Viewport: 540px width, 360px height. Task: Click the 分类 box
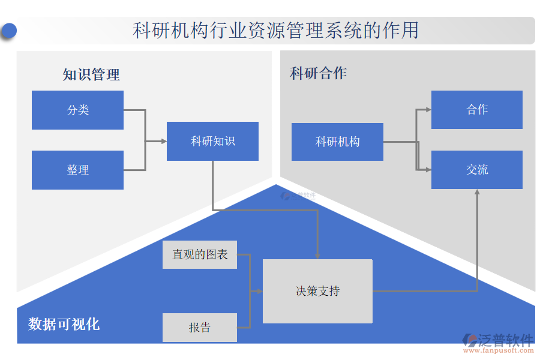click(x=77, y=110)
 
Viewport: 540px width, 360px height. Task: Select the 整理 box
click(x=77, y=170)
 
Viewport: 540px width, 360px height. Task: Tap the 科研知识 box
click(x=212, y=141)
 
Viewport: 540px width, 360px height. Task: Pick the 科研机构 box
click(x=337, y=142)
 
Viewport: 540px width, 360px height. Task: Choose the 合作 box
click(x=477, y=109)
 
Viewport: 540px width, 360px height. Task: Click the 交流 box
click(x=477, y=170)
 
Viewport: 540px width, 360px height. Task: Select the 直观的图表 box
click(x=200, y=254)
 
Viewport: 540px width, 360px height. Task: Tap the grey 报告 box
click(x=200, y=328)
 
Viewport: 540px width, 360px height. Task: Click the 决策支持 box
click(x=317, y=291)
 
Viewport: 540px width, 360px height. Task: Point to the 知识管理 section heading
click(x=91, y=75)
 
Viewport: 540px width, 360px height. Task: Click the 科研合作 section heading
click(x=318, y=73)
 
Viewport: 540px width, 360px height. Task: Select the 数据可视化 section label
click(x=64, y=325)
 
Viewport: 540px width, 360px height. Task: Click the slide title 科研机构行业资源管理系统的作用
click(x=275, y=31)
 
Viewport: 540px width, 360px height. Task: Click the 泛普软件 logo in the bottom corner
click(x=498, y=340)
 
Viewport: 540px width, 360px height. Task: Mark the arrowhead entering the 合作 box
click(x=428, y=110)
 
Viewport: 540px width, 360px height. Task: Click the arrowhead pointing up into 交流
click(x=478, y=192)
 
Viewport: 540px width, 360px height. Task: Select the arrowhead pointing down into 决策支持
click(x=317, y=256)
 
